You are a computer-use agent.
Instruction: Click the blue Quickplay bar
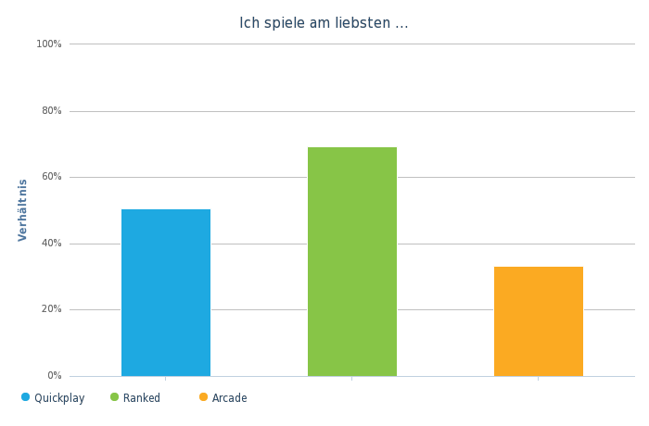pos(166,293)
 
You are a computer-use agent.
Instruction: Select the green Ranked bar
pos(351,261)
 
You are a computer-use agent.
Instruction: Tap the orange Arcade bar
pos(538,321)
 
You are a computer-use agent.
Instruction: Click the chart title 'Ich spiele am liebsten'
pos(324,23)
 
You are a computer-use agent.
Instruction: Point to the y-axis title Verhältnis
pos(23,210)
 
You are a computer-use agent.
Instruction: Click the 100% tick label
pos(49,44)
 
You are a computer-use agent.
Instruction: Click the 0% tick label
pos(54,376)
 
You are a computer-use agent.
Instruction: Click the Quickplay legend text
pos(59,398)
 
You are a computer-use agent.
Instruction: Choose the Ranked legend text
pos(142,398)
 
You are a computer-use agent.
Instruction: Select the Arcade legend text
pos(230,398)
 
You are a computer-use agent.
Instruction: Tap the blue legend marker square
pos(26,397)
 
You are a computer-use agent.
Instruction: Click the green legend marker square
pos(115,397)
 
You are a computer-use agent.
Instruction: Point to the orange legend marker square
pos(204,397)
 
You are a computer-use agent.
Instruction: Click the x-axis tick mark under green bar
pos(351,379)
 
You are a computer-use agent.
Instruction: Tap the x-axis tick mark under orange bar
pos(538,379)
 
